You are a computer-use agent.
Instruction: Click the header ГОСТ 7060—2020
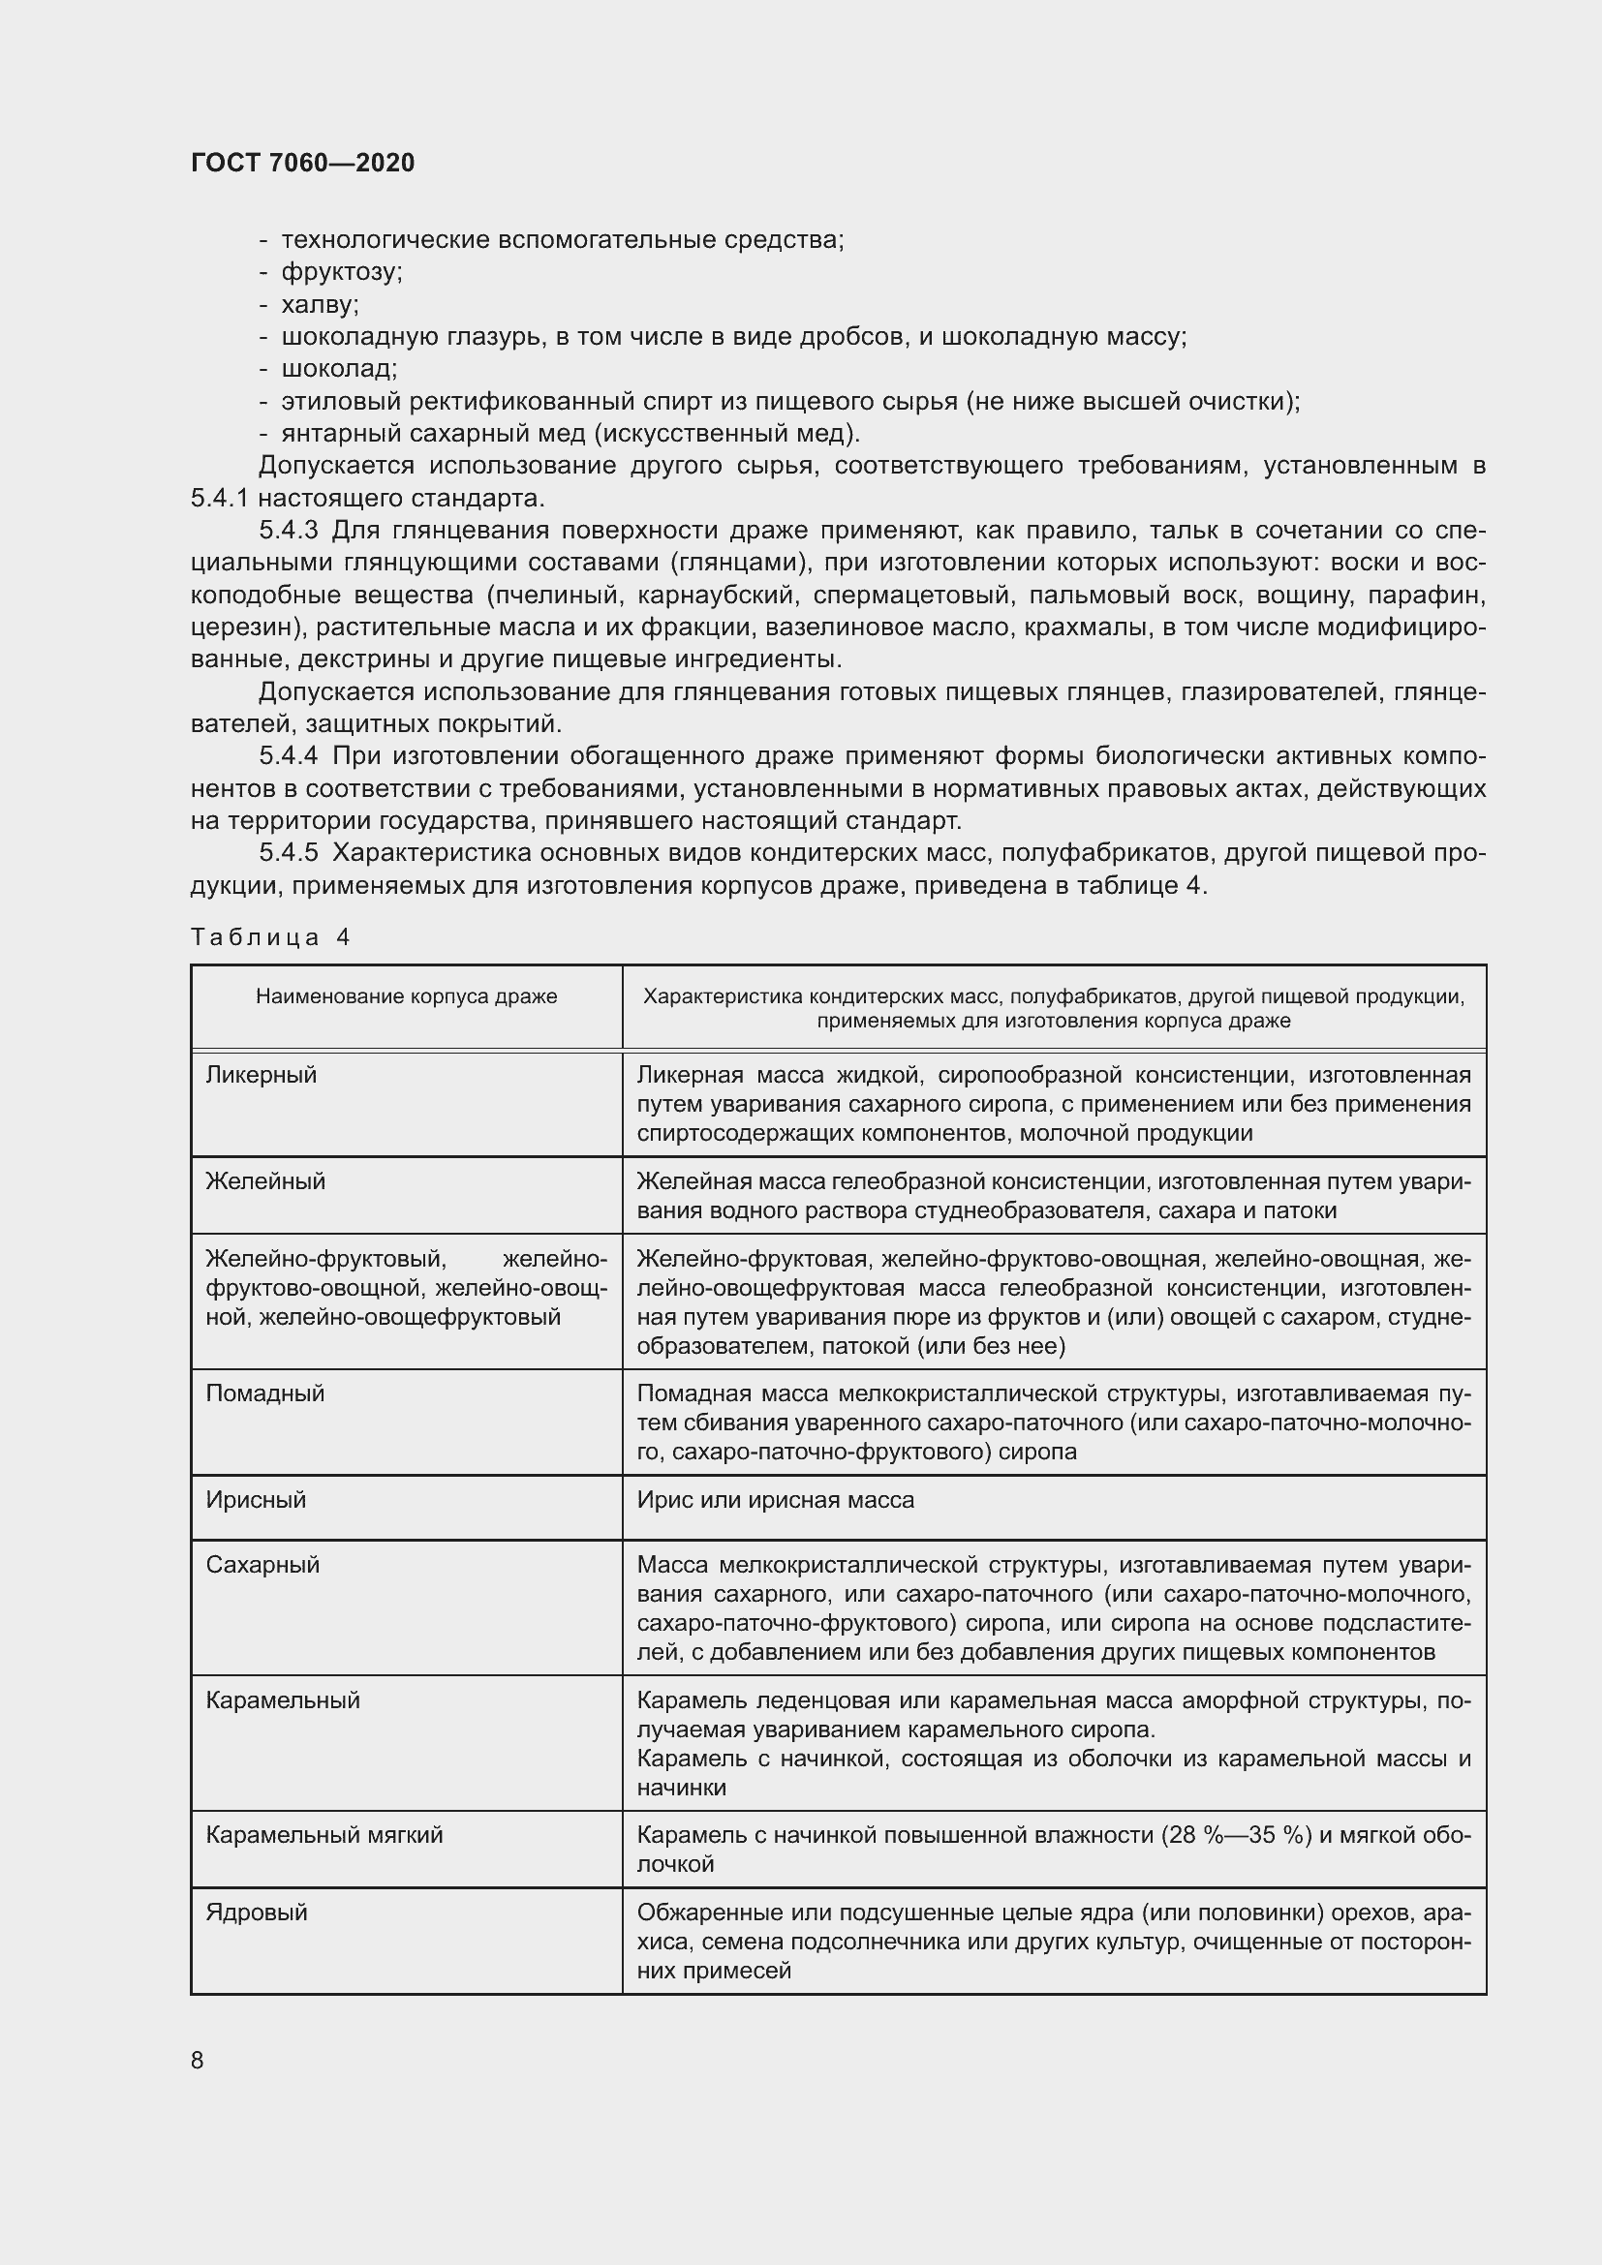(x=303, y=163)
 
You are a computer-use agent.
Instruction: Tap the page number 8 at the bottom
(x=198, y=2060)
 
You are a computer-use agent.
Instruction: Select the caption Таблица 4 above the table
(x=270, y=937)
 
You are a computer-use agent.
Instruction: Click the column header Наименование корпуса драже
(x=407, y=996)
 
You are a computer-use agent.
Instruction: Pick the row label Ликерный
(x=262, y=1074)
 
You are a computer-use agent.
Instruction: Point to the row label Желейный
(x=265, y=1180)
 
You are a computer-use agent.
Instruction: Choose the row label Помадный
(x=265, y=1393)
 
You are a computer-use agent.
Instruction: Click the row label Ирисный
(x=257, y=1499)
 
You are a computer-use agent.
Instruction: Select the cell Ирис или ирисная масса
(x=776, y=1499)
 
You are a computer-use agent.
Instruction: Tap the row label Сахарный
(x=262, y=1565)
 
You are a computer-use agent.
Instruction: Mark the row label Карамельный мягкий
(x=324, y=1835)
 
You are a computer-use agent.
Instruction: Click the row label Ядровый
(x=257, y=1912)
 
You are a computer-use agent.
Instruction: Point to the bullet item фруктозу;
(x=341, y=271)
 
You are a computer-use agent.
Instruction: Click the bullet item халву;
(x=320, y=304)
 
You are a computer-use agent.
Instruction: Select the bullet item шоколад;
(x=339, y=369)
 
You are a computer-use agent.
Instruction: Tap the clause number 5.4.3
(x=288, y=531)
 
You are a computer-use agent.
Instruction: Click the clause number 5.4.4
(x=288, y=756)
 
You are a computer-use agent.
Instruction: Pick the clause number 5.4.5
(x=288, y=853)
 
